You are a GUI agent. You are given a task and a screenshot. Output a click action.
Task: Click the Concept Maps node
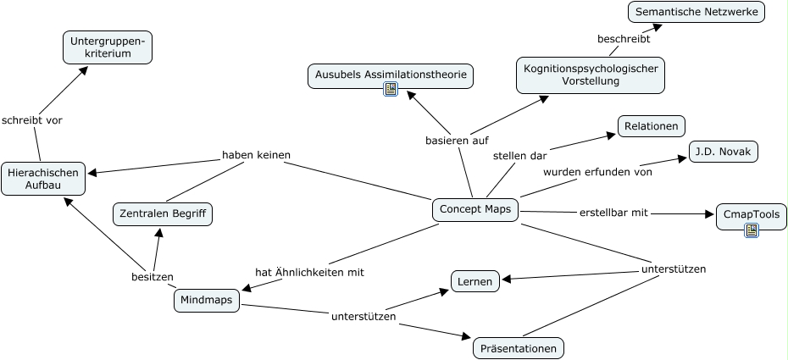[x=475, y=210]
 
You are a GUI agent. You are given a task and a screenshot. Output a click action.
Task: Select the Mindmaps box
[x=207, y=300]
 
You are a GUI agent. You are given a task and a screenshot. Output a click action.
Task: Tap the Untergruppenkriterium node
[x=108, y=47]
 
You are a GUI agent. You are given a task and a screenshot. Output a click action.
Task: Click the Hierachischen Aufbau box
[x=42, y=179]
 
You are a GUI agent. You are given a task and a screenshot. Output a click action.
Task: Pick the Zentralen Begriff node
[x=163, y=214]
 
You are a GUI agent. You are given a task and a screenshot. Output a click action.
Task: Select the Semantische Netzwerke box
[x=696, y=12]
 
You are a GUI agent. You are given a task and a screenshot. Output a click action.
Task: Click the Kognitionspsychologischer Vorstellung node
[x=590, y=75]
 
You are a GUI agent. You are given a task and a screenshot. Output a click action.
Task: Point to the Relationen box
[x=651, y=126]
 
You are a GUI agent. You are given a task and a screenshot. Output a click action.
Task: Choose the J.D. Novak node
[x=723, y=152]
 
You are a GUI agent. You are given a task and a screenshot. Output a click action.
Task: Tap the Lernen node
[x=474, y=281]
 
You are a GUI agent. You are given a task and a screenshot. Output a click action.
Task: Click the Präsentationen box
[x=518, y=347]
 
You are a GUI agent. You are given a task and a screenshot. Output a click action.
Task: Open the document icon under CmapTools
[x=751, y=230]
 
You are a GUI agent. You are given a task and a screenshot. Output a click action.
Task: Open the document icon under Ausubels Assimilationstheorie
[x=391, y=90]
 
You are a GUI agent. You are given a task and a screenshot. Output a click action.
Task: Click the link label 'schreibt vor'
[x=31, y=120]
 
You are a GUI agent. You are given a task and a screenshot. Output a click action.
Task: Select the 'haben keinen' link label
[x=257, y=155]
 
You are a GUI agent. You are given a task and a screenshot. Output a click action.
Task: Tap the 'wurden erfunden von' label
[x=597, y=172]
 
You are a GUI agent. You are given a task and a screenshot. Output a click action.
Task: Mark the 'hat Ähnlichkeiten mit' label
[x=309, y=272]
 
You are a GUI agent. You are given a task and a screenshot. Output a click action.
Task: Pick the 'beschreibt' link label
[x=624, y=39]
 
